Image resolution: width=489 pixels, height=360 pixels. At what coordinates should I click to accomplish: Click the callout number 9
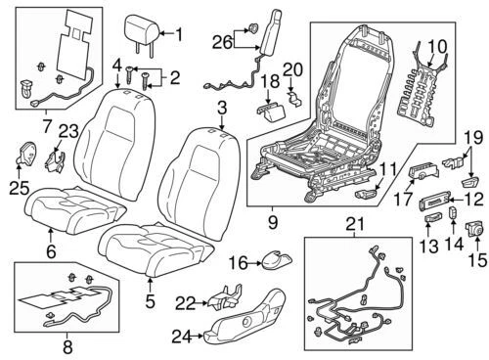pos(272,220)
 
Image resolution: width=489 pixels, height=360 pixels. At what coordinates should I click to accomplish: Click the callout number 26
pos(222,41)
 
